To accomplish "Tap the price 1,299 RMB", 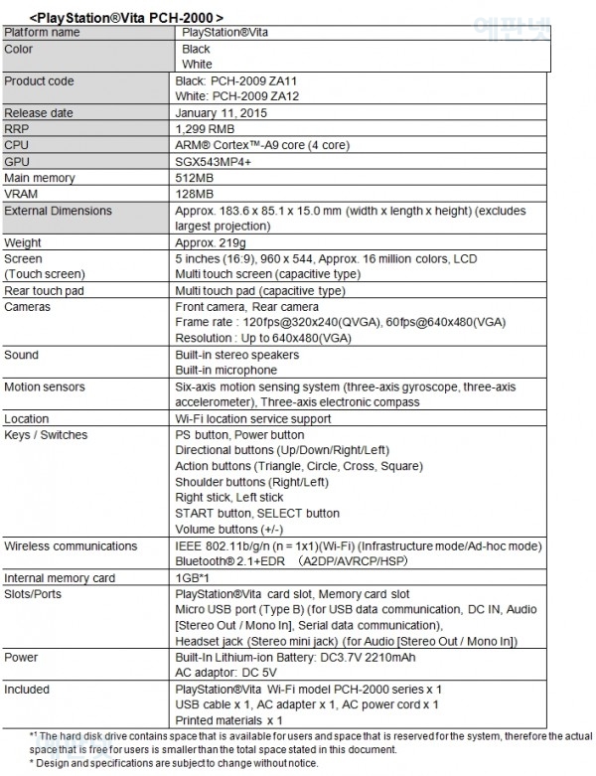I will coord(205,129).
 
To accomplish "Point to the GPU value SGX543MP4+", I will coord(214,161).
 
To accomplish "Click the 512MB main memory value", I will coord(194,178).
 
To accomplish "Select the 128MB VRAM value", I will coord(194,194).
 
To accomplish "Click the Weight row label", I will coord(23,242).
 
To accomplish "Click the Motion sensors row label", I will coord(45,387).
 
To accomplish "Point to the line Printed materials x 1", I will coord(228,719).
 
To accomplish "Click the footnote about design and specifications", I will coord(174,763).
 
